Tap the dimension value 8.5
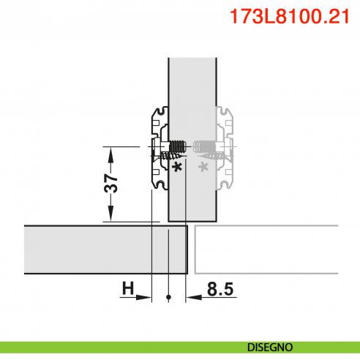(220, 290)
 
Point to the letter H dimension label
(128, 290)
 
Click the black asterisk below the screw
(176, 167)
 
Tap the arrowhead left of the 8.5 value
(192, 297)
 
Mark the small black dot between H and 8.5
(168, 297)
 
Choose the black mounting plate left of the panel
(158, 146)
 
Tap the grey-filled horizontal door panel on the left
(88, 249)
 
